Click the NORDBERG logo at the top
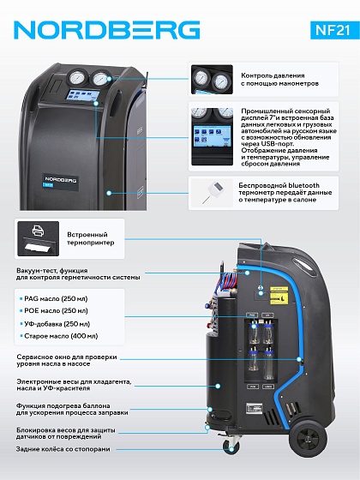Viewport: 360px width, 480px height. coord(107,30)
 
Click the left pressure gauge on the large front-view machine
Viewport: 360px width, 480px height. coord(75,78)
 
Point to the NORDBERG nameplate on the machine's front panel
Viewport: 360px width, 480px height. coord(61,181)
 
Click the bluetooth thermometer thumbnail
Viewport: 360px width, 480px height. coord(211,193)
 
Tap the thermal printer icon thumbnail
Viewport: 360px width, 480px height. coord(39,238)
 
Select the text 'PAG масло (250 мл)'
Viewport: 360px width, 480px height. coord(56,298)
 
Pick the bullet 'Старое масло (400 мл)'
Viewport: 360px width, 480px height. coord(61,336)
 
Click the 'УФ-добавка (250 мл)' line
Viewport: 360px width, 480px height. coord(57,324)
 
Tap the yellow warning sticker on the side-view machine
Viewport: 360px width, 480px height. coord(279,295)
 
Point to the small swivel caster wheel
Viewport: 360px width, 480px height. coord(231,446)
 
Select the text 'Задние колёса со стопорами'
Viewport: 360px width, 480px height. coord(63,449)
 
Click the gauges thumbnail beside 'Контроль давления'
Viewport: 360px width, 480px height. coord(212,79)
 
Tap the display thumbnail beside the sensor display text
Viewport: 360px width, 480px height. coord(212,136)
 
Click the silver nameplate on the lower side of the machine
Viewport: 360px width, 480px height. coord(255,409)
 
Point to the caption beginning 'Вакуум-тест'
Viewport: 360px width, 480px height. coord(78,273)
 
